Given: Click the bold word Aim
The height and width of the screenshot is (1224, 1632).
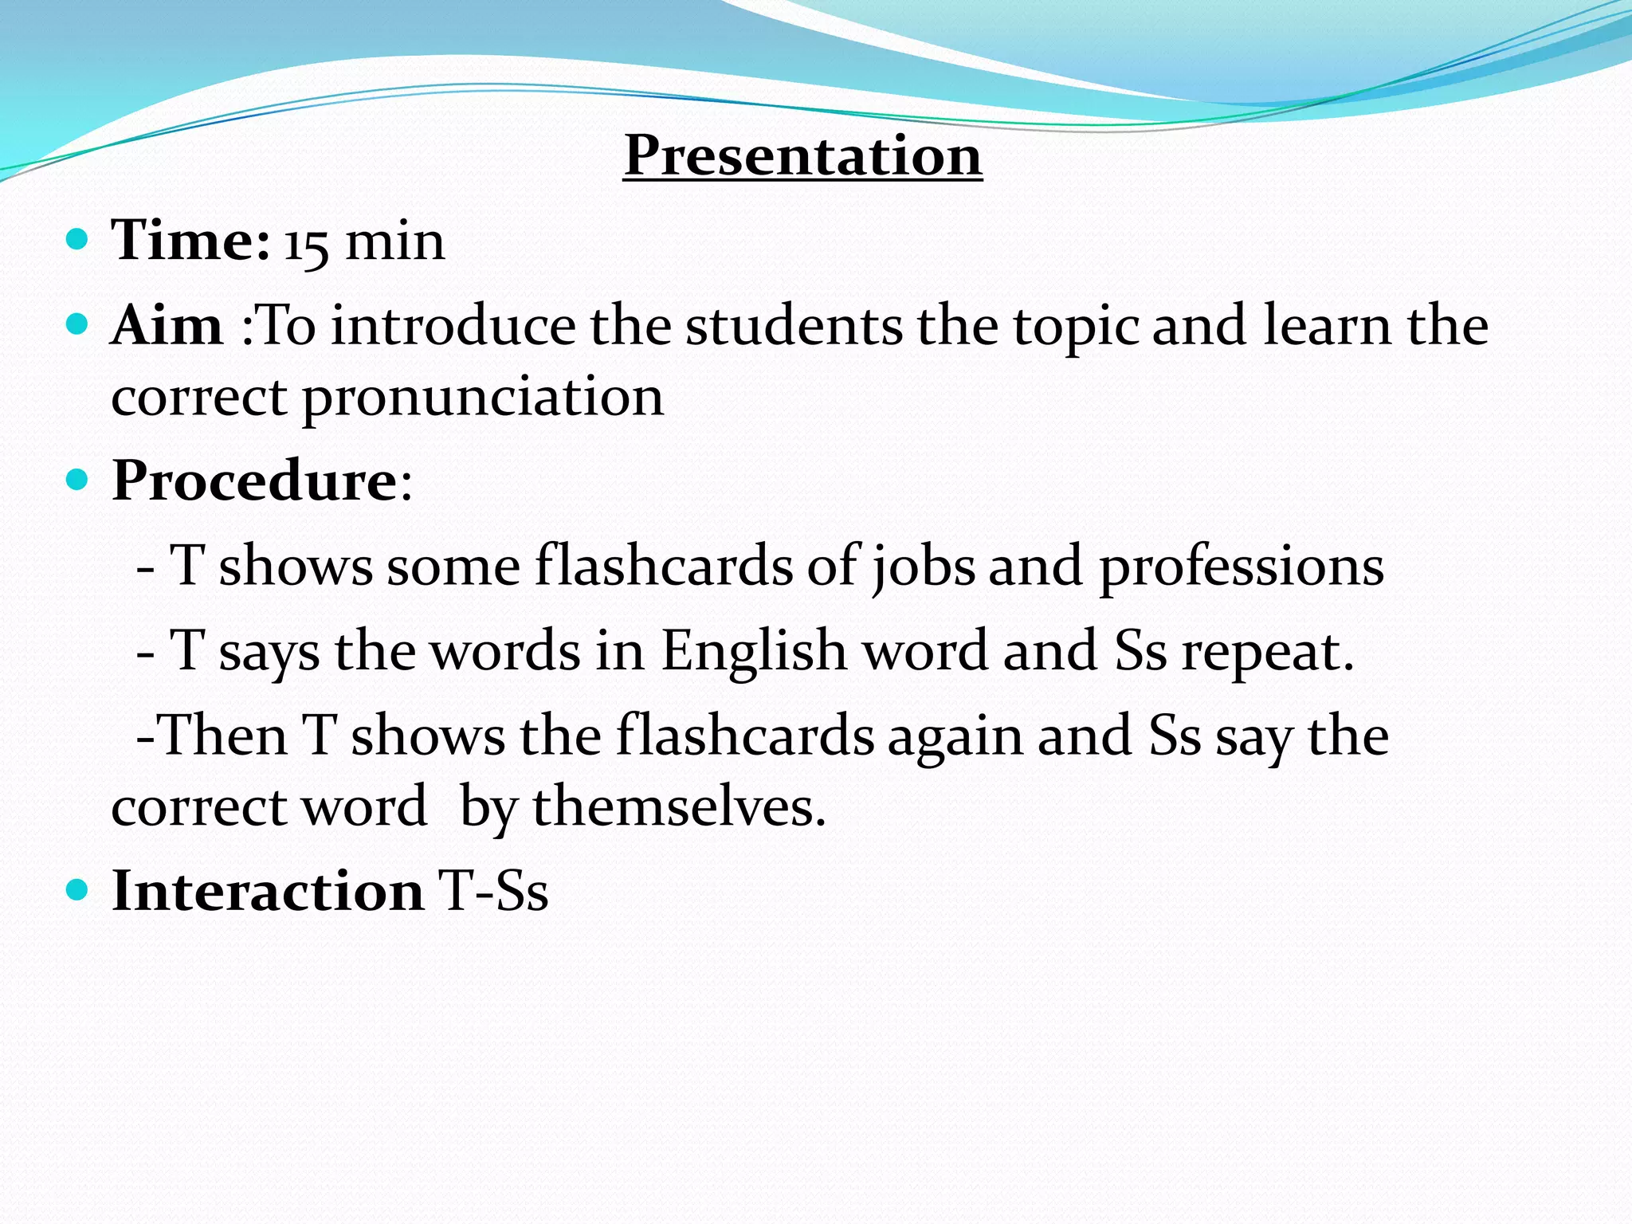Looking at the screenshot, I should click(x=167, y=326).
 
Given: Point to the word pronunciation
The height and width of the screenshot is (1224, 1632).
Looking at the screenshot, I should click(x=483, y=398).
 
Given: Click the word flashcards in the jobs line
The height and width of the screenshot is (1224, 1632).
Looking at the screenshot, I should click(x=664, y=565).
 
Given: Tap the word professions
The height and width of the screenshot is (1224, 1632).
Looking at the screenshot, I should click(x=1242, y=567).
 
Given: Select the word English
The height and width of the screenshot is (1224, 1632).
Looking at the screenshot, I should click(x=754, y=650).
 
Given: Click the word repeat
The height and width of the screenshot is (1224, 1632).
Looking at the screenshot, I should click(x=1267, y=653).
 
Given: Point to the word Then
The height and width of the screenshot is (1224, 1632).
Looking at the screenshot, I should click(x=225, y=735).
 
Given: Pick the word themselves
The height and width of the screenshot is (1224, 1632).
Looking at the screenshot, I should click(x=679, y=806).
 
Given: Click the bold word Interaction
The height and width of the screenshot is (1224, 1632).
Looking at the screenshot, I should click(x=268, y=890).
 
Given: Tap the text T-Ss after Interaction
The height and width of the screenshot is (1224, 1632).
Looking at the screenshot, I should click(x=493, y=890).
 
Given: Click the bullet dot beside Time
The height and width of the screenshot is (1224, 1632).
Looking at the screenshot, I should click(x=76, y=239).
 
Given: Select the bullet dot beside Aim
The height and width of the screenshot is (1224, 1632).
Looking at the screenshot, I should click(x=76, y=324).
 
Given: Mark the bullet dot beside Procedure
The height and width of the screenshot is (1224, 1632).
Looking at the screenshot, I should click(x=76, y=480).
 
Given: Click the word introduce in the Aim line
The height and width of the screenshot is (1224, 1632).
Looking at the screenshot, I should click(x=453, y=326).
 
